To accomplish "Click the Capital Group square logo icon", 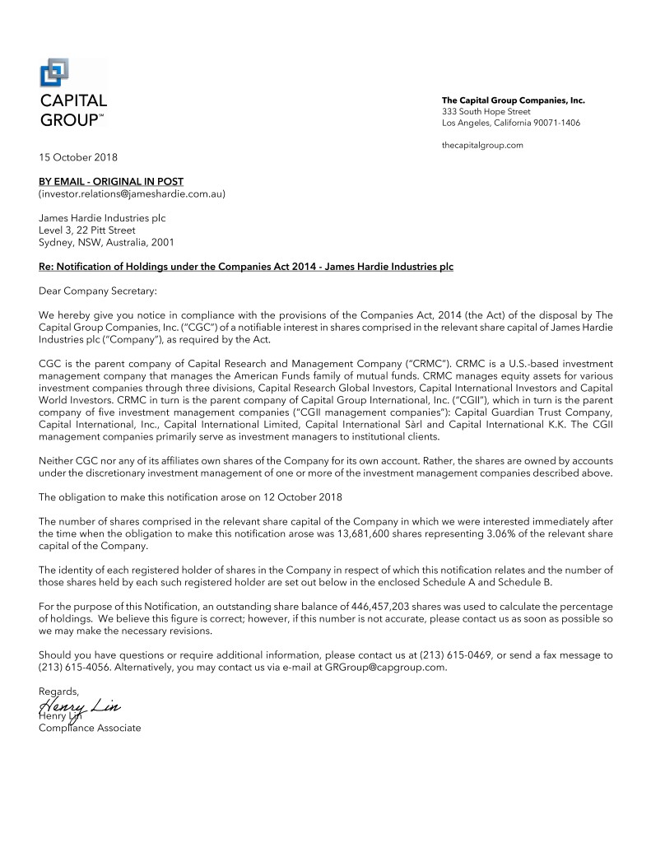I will pos(53,73).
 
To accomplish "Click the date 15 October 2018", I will pos(79,156).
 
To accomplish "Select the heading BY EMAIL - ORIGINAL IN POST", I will pos(111,181).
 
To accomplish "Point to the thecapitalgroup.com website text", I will pos(482,145).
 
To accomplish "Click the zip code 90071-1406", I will pos(554,123).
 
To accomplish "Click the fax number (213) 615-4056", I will pos(68,668).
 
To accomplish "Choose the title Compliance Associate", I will pos(90,728).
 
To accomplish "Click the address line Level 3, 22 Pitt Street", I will pos(87,231).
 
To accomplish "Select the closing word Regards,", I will pos(59,692).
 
